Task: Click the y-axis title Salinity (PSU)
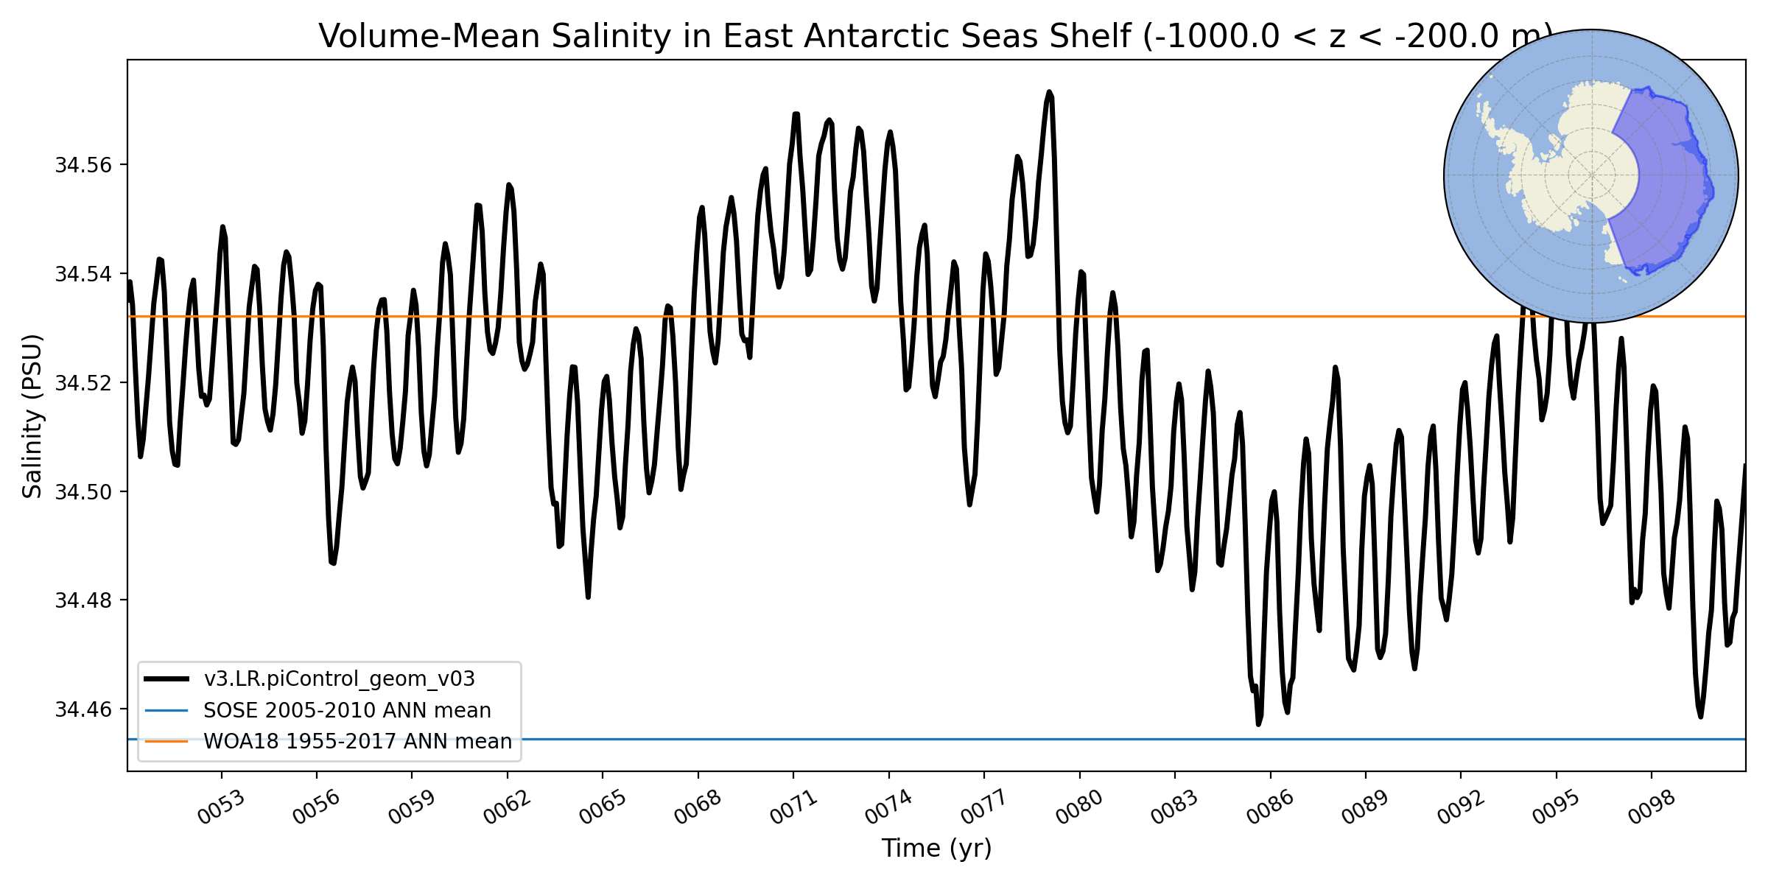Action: pyautogui.click(x=32, y=416)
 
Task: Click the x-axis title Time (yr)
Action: pyautogui.click(x=936, y=849)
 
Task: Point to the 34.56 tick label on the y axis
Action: pyautogui.click(x=83, y=165)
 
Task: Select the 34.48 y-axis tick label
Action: pyautogui.click(x=83, y=600)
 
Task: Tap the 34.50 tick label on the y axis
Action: pyautogui.click(x=83, y=491)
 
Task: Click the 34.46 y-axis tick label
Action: pyautogui.click(x=83, y=709)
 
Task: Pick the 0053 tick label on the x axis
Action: pyautogui.click(x=221, y=807)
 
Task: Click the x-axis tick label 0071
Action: pyautogui.click(x=793, y=807)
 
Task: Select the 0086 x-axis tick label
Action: pyautogui.click(x=1270, y=807)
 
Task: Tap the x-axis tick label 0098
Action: pyautogui.click(x=1651, y=807)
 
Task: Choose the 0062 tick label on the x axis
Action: pyautogui.click(x=507, y=807)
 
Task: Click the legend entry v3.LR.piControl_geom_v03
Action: pyautogui.click(x=339, y=678)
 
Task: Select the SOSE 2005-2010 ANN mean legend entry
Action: pyautogui.click(x=347, y=710)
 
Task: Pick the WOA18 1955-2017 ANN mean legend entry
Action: pyautogui.click(x=357, y=741)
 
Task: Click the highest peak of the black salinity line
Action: pyautogui.click(x=1050, y=92)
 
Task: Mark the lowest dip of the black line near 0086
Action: pyautogui.click(x=1258, y=724)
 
